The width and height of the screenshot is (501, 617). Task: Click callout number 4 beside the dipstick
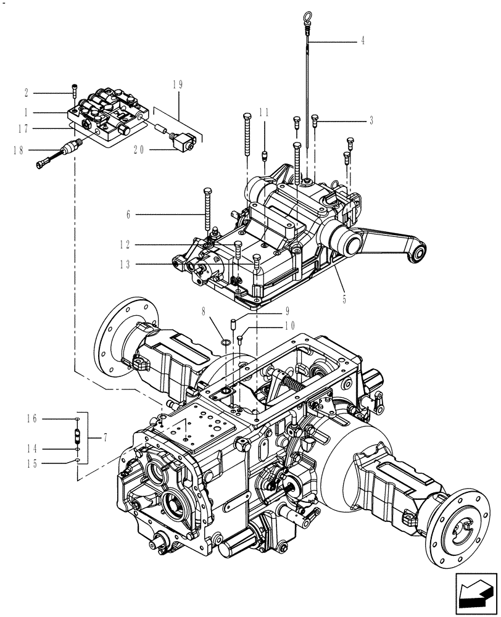362,41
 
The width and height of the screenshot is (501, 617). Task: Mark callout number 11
264,112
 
